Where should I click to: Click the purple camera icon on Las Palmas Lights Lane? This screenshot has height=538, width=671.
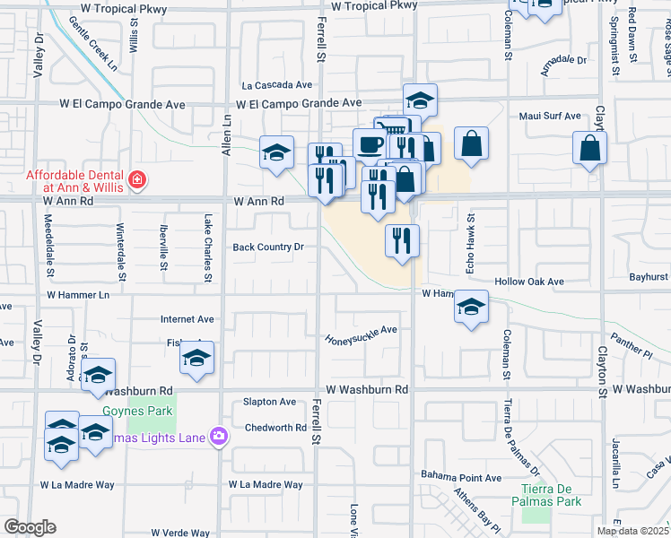(x=217, y=436)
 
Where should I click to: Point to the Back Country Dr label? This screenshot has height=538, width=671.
(x=269, y=247)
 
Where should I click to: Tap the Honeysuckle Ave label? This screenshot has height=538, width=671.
(x=361, y=330)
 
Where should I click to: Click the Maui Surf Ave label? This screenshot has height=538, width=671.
(x=550, y=117)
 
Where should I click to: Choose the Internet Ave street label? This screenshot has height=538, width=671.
(x=187, y=318)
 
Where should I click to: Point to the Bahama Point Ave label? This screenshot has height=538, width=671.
(x=462, y=478)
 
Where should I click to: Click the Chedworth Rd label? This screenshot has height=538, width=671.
(x=275, y=428)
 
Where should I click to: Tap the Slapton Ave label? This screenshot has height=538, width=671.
(x=270, y=403)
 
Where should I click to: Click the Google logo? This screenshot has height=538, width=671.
(x=30, y=527)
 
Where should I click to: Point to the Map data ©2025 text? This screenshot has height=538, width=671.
(x=632, y=531)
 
